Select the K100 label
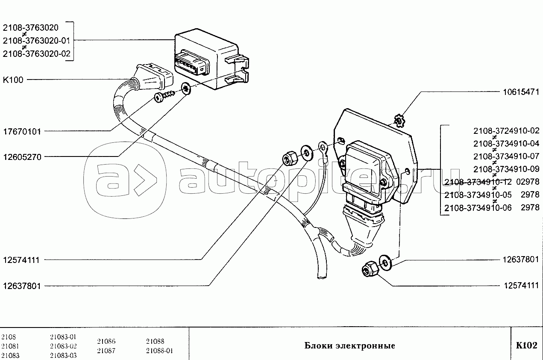coord(13,80)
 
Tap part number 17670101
coord(22,131)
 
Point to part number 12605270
coord(22,157)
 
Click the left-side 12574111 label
coord(22,260)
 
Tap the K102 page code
coord(526,345)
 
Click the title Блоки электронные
coord(349,345)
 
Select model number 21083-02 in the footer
coord(63,346)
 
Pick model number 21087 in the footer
coord(106,351)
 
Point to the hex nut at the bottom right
coord(368,270)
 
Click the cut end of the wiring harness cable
coord(321,278)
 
